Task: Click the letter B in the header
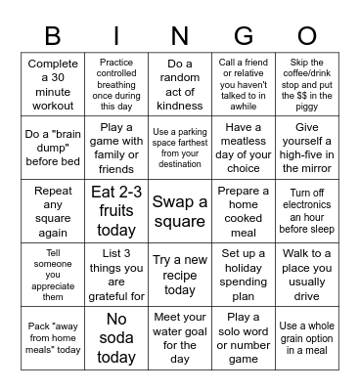[53, 36]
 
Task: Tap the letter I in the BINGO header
[116, 36]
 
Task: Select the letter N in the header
[179, 36]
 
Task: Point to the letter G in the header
[243, 36]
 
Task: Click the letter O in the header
[306, 36]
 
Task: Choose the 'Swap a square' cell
[179, 211]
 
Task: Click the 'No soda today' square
[116, 338]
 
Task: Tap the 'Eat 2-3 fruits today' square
[116, 211]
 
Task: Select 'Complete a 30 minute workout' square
[53, 85]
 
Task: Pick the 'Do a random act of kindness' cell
[179, 85]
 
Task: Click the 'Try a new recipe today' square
[179, 275]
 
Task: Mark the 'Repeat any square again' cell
[53, 211]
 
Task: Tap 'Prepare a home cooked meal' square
[243, 211]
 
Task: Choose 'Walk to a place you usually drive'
[306, 275]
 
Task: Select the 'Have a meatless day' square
[243, 149]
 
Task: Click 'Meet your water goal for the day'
[179, 338]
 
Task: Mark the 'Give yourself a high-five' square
[306, 149]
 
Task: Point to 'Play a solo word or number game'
[243, 338]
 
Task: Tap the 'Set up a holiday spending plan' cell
[243, 275]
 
